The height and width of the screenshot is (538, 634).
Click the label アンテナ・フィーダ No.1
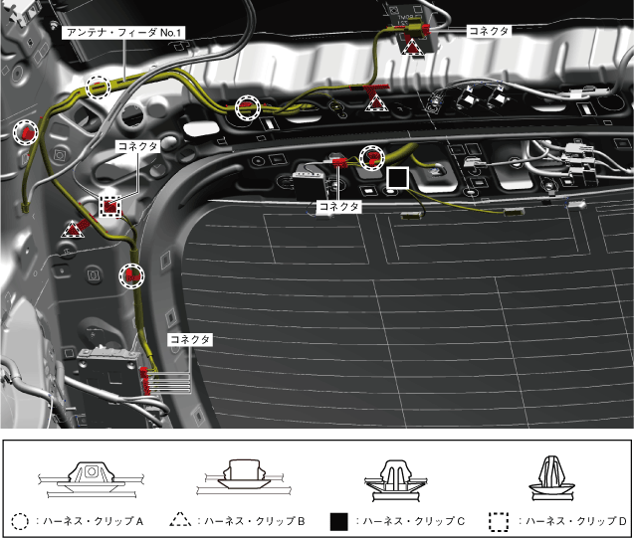[125, 33]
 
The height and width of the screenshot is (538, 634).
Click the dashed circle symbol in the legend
[19, 520]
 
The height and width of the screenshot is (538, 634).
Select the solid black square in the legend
[338, 520]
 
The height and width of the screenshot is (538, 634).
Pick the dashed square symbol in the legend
[498, 520]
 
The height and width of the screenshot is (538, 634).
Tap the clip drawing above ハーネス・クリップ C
[396, 475]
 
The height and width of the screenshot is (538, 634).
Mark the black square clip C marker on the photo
[397, 178]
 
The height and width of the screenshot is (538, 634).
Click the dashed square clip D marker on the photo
[111, 206]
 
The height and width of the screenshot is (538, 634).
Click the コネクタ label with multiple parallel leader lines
[189, 340]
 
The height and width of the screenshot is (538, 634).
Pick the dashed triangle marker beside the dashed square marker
[73, 229]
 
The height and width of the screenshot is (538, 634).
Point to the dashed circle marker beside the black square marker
[371, 155]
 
